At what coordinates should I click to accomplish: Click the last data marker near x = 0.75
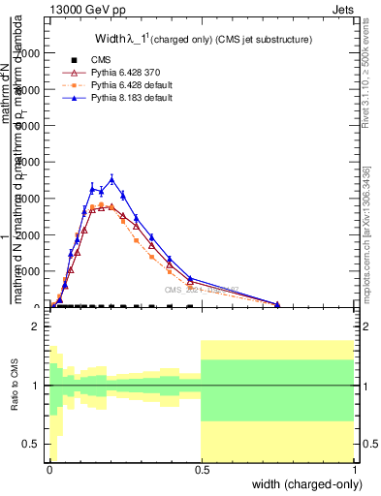(x=277, y=304)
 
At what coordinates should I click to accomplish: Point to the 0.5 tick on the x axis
(x=201, y=469)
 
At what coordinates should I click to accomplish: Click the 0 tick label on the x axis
(x=48, y=469)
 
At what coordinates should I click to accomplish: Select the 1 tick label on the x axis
(x=353, y=469)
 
